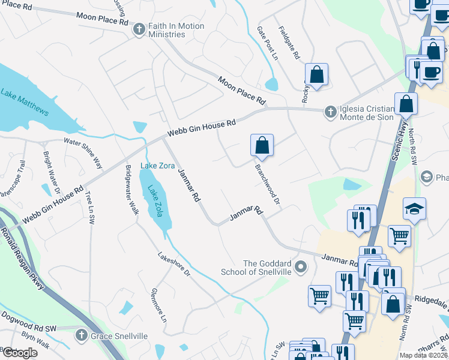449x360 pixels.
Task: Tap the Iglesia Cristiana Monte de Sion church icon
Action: point(330,112)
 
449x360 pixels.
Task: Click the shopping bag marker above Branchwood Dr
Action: point(262,145)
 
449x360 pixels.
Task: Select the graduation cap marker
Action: point(414,209)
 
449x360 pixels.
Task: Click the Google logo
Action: point(19,353)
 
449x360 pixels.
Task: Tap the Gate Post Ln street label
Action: point(268,43)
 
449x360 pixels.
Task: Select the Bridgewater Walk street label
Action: point(131,186)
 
